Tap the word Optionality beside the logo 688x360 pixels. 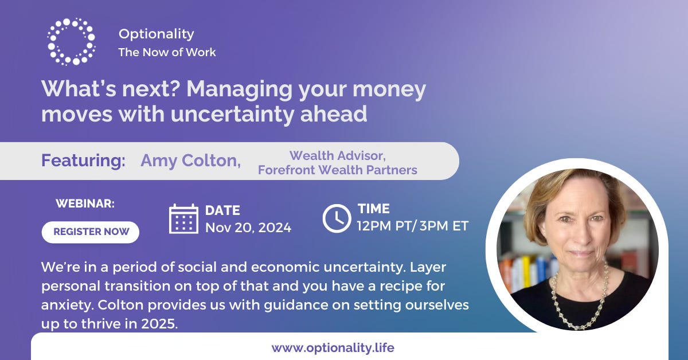[157, 34]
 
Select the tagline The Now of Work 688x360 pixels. [167, 52]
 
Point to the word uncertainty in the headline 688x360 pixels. [232, 114]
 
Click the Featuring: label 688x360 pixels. [83, 161]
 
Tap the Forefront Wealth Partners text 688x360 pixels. [338, 170]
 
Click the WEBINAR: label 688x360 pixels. [85, 204]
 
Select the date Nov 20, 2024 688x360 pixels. [248, 228]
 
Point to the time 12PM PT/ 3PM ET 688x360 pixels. [413, 226]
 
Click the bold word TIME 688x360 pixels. [374, 209]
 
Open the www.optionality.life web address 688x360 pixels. [333, 348]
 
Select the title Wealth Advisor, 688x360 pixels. [338, 156]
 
